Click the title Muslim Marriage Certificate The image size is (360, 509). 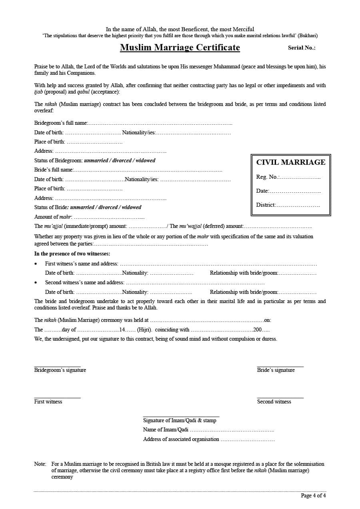point(180,48)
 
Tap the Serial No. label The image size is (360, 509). point(302,48)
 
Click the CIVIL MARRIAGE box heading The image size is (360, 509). point(291,162)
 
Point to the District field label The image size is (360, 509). point(266,205)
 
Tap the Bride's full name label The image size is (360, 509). point(54,170)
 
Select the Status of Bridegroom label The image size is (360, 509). point(58,160)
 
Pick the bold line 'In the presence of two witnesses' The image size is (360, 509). point(72,254)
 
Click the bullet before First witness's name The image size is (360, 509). point(36,264)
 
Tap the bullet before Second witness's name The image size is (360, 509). point(36,283)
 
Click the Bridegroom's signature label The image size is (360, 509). point(60,370)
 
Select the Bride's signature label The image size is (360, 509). point(276,370)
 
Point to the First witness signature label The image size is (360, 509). point(48,402)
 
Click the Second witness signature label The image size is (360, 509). point(274,402)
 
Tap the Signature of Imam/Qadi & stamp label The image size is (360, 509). point(180,421)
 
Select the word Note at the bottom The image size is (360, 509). point(40,464)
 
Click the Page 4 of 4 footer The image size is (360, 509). point(313,496)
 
